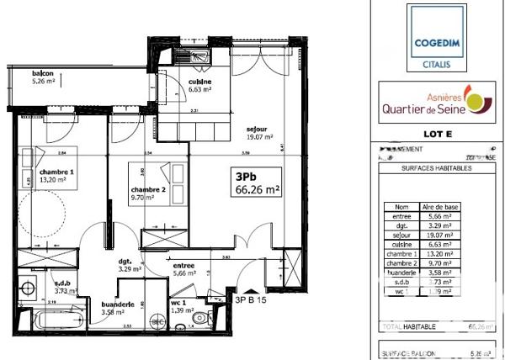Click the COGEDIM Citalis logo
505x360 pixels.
click(x=436, y=37)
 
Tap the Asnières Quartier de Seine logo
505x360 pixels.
click(x=435, y=103)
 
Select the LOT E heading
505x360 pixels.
click(x=434, y=134)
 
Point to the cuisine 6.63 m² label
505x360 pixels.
click(x=199, y=84)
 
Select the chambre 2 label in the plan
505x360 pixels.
click(x=147, y=193)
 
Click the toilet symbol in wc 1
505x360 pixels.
click(x=199, y=320)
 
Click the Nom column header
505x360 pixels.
click(x=401, y=205)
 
